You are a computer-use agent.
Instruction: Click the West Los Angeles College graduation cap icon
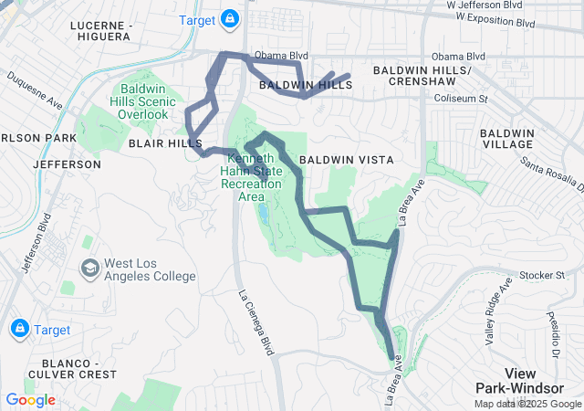pyautogui.click(x=90, y=269)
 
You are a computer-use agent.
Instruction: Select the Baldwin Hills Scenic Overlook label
pyautogui.click(x=147, y=101)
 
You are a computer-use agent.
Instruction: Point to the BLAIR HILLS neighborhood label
pyautogui.click(x=165, y=144)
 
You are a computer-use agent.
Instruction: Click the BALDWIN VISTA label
pyautogui.click(x=347, y=160)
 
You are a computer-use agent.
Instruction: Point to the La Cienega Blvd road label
pyautogui.click(x=256, y=322)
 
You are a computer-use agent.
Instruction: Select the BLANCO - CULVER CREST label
pyautogui.click(x=72, y=367)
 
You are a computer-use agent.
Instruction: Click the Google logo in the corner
pyautogui.click(x=30, y=399)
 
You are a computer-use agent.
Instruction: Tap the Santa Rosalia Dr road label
pyautogui.click(x=552, y=174)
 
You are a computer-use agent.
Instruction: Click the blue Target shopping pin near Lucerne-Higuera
pyautogui.click(x=231, y=19)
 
